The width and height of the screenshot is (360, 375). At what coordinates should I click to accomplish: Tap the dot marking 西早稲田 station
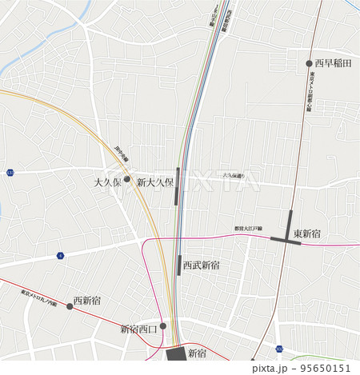pos(310,63)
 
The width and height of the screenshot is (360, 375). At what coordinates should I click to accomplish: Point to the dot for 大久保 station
pos(126,179)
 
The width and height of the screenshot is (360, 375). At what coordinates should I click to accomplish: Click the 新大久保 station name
pos(155,182)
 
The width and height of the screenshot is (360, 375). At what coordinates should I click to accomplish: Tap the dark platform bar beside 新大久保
pos(178,186)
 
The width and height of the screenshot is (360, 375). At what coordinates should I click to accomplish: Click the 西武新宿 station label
pos(202,265)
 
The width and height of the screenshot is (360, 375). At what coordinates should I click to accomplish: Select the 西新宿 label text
pos(86,301)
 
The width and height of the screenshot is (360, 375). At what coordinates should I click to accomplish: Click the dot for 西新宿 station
pos(70,306)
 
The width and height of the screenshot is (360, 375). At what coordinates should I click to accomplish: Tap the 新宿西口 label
pos(139,329)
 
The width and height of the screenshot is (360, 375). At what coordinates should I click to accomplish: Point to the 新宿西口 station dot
pos(162,326)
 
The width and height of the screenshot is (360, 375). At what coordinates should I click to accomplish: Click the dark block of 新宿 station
pos(175,354)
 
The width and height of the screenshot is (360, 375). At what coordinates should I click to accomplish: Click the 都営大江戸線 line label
pos(249,229)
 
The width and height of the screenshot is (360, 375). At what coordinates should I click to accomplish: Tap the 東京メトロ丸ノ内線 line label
pos(40,299)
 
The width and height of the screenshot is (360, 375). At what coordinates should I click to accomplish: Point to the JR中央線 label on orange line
pos(121,154)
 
